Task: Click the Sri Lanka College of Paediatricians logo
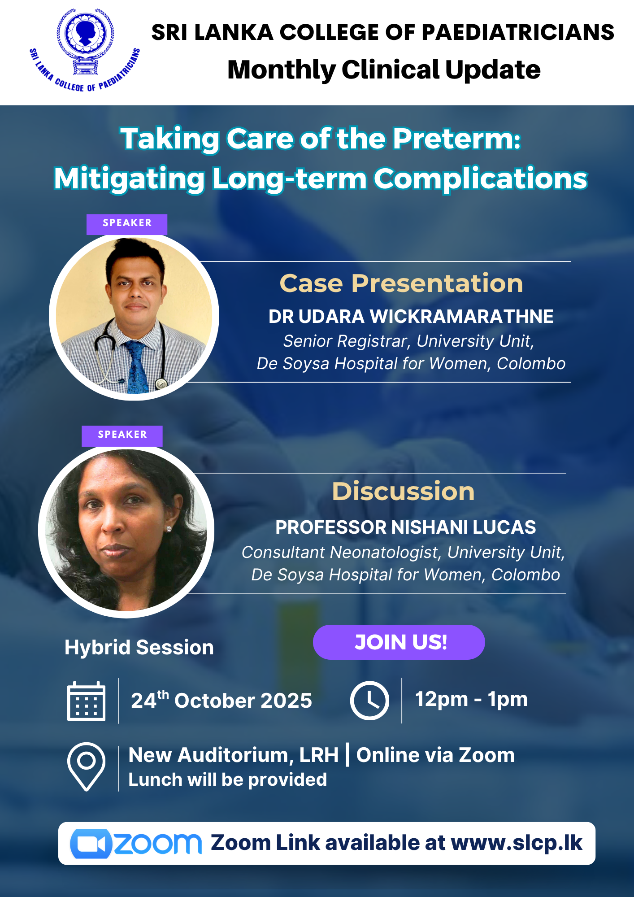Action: tap(85, 49)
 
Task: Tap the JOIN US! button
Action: tap(399, 642)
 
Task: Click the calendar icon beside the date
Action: tap(86, 701)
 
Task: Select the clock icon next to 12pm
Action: tap(369, 701)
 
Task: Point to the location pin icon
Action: tap(87, 766)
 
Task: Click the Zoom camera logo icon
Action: tap(91, 844)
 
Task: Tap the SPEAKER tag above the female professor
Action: tap(122, 435)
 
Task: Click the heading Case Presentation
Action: tap(401, 283)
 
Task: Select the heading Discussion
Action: tap(403, 491)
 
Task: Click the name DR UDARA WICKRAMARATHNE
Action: tap(411, 317)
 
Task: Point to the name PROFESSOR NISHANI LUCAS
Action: tap(405, 527)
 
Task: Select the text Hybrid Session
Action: tap(139, 648)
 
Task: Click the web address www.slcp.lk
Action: tap(517, 843)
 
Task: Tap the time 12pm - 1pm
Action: tap(471, 699)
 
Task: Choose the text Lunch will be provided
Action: tap(228, 780)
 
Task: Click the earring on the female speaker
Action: tap(169, 529)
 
